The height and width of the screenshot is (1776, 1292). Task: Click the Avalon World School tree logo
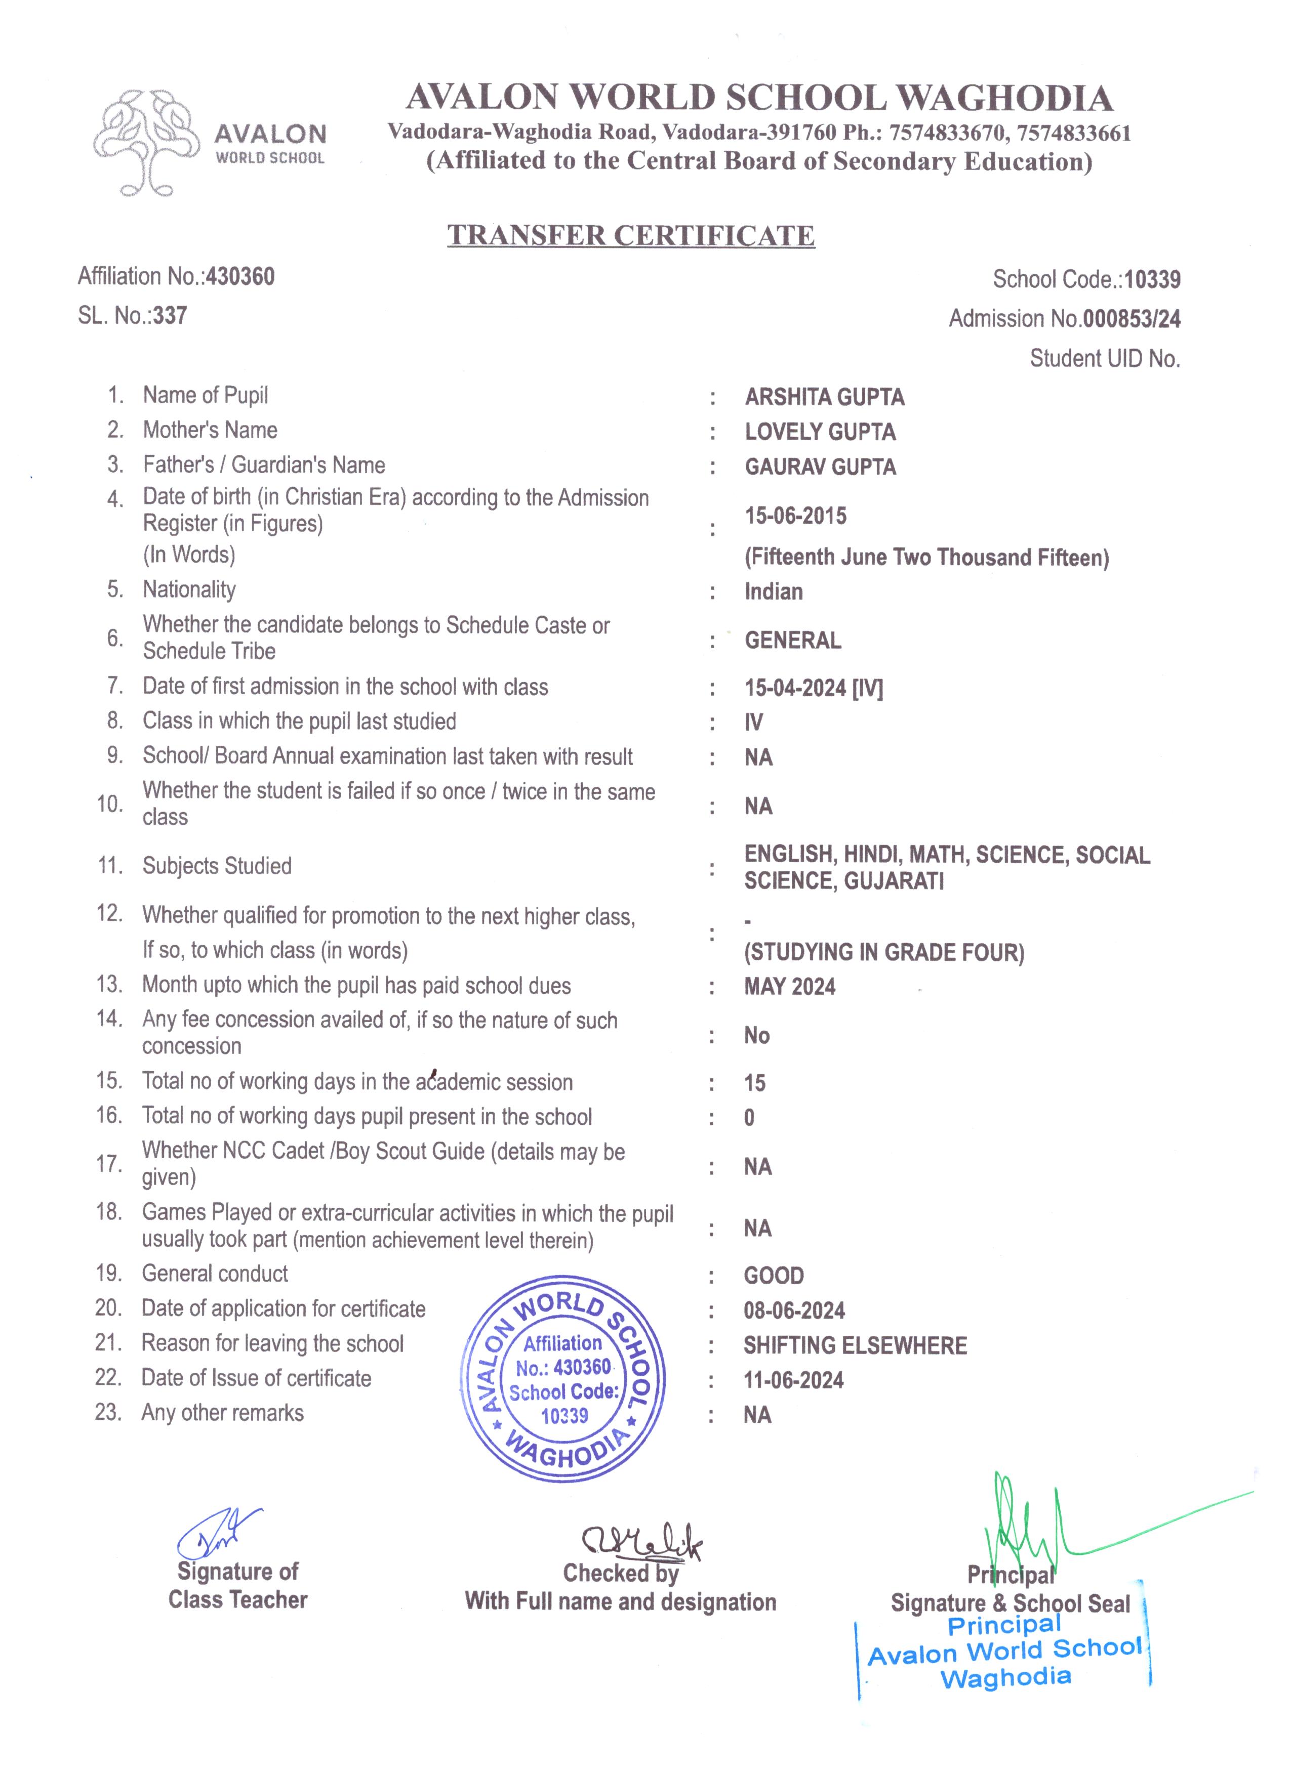145,143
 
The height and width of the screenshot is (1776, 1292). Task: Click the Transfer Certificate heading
631,235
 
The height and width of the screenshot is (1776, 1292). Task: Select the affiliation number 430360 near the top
240,276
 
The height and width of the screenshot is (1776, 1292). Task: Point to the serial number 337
170,316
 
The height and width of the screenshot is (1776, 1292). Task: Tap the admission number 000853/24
1130,319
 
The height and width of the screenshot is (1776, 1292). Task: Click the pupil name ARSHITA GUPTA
824,397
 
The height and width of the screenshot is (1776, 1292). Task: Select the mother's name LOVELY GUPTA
820,432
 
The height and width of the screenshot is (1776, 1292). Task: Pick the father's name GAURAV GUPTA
820,467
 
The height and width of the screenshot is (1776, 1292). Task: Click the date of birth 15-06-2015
795,516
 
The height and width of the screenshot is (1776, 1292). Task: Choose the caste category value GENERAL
792,641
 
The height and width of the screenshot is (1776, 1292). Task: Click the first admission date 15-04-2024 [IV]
813,688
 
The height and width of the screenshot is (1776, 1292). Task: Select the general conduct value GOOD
773,1276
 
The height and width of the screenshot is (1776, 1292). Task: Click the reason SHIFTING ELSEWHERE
855,1345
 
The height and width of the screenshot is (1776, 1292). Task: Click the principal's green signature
1026,1523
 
